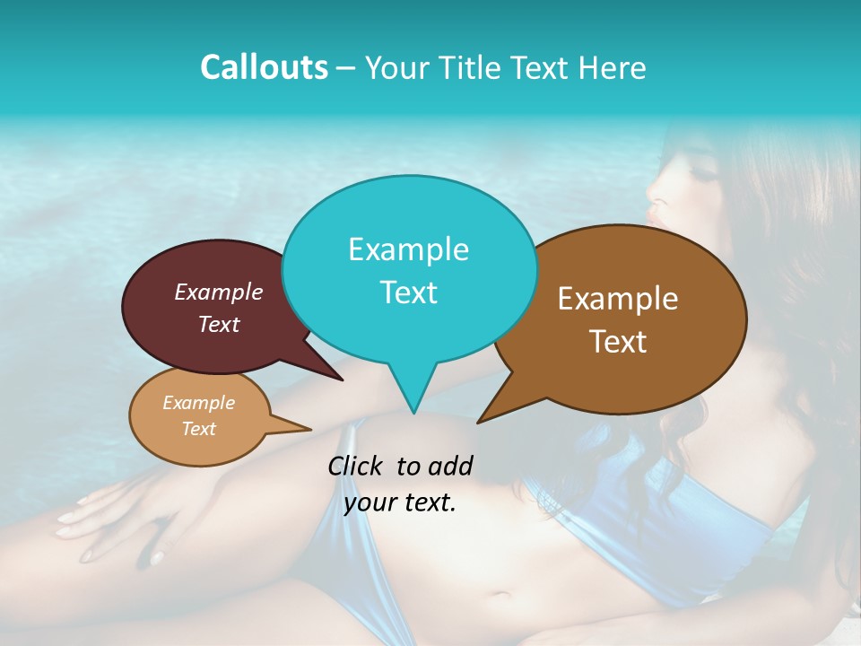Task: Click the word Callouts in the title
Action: tap(264, 67)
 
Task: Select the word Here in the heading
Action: tap(613, 67)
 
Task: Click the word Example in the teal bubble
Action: tap(408, 249)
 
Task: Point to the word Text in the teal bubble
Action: tap(408, 292)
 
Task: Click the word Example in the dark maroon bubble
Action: tap(219, 292)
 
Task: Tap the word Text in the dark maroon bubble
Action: tap(219, 324)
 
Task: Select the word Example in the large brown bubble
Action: tap(618, 299)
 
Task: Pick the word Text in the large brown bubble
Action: tap(618, 341)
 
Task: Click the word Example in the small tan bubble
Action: tap(198, 403)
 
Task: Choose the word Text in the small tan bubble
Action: tap(198, 429)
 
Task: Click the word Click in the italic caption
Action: tap(357, 466)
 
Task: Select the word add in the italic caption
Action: tap(450, 466)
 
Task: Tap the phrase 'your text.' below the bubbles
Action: tap(400, 503)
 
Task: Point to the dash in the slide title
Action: tap(346, 68)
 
